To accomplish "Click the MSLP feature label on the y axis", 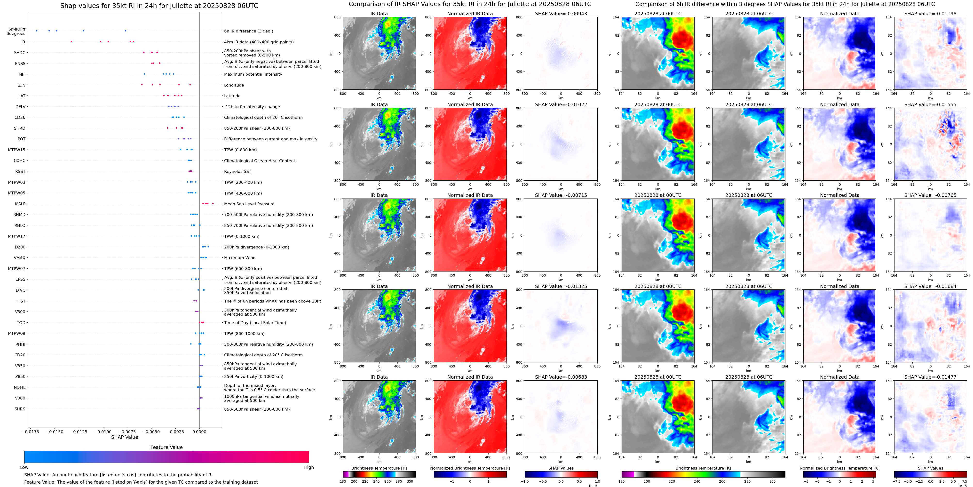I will (x=20, y=204).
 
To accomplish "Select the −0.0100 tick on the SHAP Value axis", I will (x=103, y=431).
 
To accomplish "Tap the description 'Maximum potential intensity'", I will (x=253, y=74).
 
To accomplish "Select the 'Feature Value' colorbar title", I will (x=166, y=447).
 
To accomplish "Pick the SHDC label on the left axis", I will (x=20, y=53).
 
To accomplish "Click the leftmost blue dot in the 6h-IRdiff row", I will (x=37, y=31).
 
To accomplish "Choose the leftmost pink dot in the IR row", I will (x=71, y=41).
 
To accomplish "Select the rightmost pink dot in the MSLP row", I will (x=213, y=204).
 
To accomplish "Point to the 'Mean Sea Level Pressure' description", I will (x=249, y=204).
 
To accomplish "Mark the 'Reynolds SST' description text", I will (x=237, y=172).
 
